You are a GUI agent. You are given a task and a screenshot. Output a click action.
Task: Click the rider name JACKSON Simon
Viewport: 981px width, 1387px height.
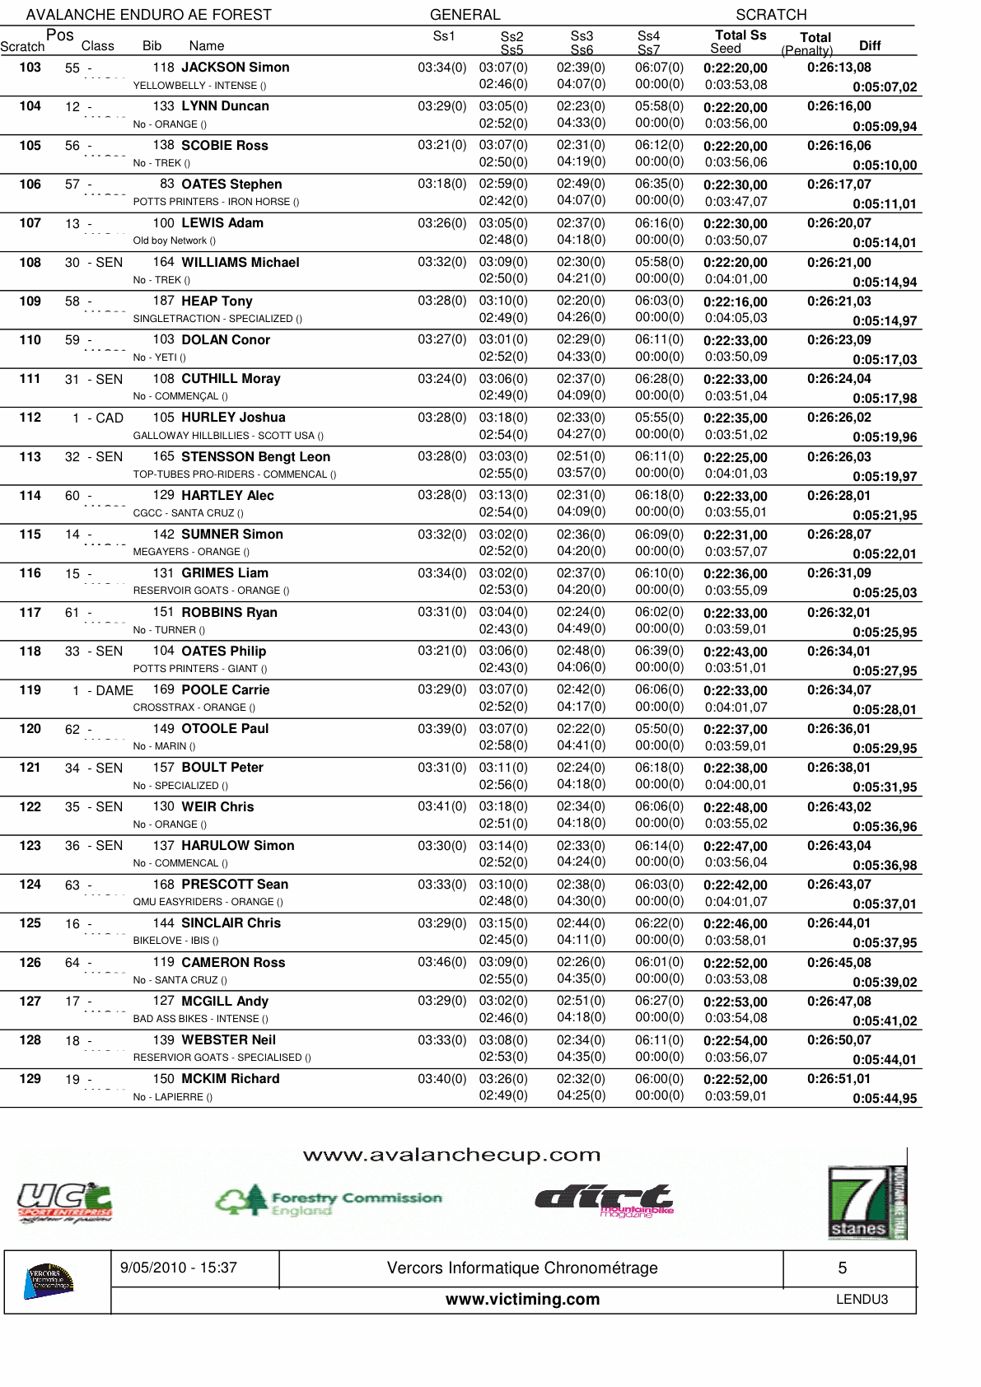click(x=235, y=68)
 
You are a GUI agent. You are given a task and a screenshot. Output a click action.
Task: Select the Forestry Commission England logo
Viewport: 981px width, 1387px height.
click(x=329, y=1201)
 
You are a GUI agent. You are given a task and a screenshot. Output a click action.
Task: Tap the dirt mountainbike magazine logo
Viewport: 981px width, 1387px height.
click(x=605, y=1200)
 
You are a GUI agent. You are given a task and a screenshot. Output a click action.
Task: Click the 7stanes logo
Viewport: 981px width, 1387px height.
click(x=867, y=1203)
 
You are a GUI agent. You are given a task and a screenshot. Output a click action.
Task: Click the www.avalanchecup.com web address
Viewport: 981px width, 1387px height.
click(x=451, y=1155)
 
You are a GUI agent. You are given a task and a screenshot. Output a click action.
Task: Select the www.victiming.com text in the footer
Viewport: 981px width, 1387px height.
click(x=522, y=1299)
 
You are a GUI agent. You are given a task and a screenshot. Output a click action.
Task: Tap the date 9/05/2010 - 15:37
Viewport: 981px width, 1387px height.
click(x=179, y=1268)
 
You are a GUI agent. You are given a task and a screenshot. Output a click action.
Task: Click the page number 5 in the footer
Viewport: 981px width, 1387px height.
click(x=842, y=1268)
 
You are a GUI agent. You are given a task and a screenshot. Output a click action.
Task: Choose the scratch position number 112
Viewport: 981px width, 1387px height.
click(x=30, y=418)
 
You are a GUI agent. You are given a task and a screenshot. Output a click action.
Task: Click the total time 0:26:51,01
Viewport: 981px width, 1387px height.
click(x=839, y=1079)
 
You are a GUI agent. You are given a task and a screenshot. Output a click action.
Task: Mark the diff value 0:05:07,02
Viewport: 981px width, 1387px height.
click(x=884, y=86)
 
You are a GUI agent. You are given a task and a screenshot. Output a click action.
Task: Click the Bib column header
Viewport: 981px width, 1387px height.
click(x=152, y=46)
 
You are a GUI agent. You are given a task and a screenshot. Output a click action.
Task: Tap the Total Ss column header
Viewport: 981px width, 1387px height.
click(x=740, y=35)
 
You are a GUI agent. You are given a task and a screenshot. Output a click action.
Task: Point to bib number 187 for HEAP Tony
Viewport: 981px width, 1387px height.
click(x=163, y=301)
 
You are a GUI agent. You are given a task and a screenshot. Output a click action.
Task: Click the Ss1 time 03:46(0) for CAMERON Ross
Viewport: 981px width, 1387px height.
click(x=441, y=962)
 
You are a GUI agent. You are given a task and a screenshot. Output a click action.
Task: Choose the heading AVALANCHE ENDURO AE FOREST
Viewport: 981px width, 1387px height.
click(x=148, y=15)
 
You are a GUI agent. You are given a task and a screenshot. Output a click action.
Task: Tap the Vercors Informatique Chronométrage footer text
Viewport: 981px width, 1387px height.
click(x=522, y=1268)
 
